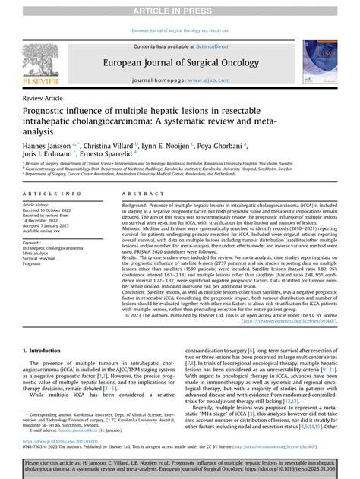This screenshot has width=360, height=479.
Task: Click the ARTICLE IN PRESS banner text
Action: (x=179, y=8)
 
